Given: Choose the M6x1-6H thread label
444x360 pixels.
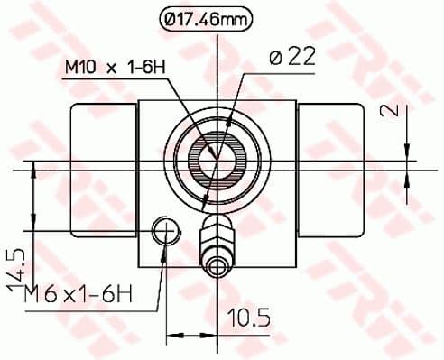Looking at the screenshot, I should click(79, 295).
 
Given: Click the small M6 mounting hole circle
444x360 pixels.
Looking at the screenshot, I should click(165, 232).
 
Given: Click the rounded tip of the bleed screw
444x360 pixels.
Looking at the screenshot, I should click(217, 266).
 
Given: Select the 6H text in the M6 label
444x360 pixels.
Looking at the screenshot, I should click(122, 295).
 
